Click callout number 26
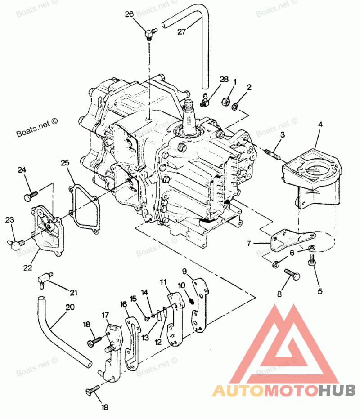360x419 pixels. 129,14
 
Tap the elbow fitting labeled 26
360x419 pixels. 150,34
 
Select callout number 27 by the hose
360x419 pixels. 182,32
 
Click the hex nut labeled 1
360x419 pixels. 225,102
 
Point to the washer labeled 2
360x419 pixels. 234,107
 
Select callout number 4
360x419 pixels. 320,124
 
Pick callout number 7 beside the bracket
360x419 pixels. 249,243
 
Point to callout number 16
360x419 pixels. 123,304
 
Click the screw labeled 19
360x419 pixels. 93,389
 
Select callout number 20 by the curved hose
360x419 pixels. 70,308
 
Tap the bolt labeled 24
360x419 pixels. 31,196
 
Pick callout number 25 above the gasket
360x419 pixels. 65,163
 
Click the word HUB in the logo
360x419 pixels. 338,390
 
